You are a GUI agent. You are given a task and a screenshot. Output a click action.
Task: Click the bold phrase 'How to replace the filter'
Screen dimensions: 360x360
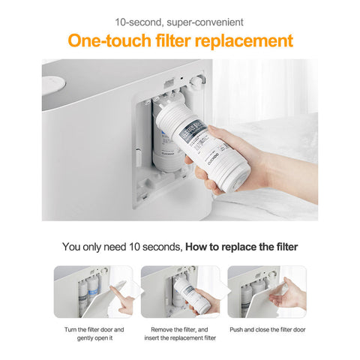pyautogui.click(x=241, y=245)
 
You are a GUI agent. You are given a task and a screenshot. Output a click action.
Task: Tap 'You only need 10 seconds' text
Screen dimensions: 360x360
pyautogui.click(x=121, y=245)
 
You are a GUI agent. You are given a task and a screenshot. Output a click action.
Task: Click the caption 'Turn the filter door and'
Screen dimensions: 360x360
pyautogui.click(x=94, y=329)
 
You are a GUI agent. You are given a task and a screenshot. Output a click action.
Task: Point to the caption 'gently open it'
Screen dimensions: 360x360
pyautogui.click(x=94, y=338)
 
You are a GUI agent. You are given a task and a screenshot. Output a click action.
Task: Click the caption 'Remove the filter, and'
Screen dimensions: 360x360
pyautogui.click(x=180, y=329)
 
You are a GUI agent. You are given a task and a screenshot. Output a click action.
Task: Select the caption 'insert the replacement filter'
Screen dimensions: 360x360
pyautogui.click(x=180, y=338)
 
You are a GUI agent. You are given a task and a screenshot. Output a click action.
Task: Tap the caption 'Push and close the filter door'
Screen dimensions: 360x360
pyautogui.click(x=268, y=329)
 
